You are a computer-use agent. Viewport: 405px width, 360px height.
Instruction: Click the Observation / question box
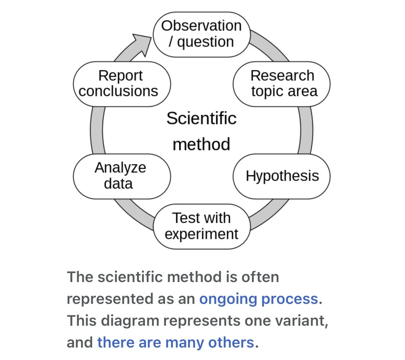201,34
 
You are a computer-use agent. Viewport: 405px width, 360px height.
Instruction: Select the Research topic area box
281,84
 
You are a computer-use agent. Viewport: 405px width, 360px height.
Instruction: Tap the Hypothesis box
281,176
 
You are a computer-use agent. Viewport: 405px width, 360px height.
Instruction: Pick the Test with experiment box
201,226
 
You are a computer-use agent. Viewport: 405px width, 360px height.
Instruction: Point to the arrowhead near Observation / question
142,43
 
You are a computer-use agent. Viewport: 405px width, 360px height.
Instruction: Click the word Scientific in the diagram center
201,118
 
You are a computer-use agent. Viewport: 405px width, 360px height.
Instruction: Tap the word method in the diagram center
201,144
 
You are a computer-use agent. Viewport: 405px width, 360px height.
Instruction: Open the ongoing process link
258,299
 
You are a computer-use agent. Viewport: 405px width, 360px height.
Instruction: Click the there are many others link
175,342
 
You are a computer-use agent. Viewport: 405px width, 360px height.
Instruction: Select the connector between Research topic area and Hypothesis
306,130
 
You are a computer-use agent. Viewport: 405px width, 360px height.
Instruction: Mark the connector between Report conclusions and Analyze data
97,130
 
